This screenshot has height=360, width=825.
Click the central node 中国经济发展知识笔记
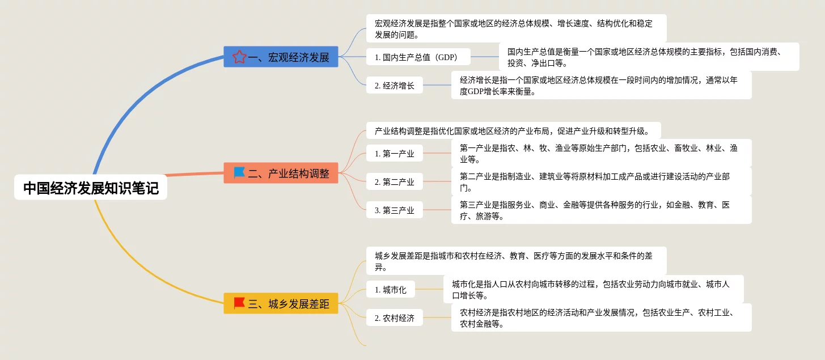[91, 188]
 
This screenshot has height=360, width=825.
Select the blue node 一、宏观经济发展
[281, 57]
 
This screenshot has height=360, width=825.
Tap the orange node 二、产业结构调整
[281, 173]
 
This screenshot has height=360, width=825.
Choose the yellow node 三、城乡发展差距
[281, 303]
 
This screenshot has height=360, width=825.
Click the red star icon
[239, 57]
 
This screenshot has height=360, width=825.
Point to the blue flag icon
[239, 172]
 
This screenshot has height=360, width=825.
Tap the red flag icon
[239, 303]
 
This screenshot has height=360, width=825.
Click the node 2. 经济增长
[394, 86]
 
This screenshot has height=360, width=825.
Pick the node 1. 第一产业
[394, 153]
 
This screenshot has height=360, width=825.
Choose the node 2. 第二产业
[394, 181]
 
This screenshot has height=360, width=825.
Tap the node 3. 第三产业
[394, 210]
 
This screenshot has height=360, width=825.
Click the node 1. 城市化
[390, 289]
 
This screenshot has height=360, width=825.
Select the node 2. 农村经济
[394, 317]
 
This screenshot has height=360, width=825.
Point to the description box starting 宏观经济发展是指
[516, 28]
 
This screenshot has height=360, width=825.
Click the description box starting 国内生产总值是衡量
[649, 57]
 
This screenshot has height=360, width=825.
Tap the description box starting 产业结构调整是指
[513, 131]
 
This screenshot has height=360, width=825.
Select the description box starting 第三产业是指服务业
[601, 210]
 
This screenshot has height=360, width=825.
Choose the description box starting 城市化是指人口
[593, 289]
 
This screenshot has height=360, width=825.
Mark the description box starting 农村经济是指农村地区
[601, 317]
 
